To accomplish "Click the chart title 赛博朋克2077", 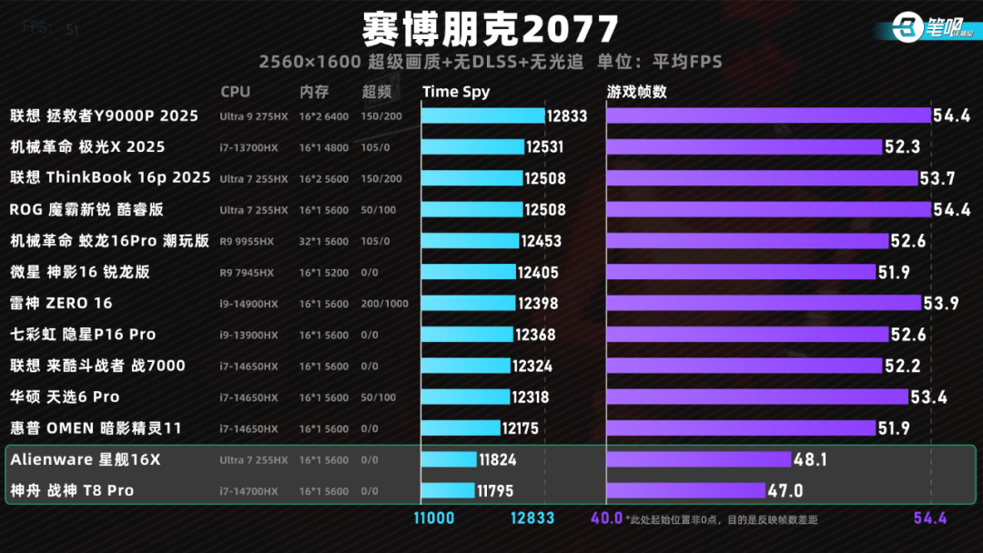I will pyautogui.click(x=491, y=30).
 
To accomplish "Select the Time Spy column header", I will pyautogui.click(x=456, y=92).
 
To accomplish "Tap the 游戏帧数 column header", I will pyautogui.click(x=637, y=92).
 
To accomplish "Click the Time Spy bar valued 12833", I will pyautogui.click(x=482, y=116).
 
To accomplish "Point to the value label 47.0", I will pyautogui.click(x=785, y=490).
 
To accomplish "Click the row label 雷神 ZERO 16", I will pyautogui.click(x=61, y=303).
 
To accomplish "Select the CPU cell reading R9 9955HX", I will pyautogui.click(x=247, y=241).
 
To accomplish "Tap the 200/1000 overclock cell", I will pyautogui.click(x=384, y=304).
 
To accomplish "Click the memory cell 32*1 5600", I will pyautogui.click(x=323, y=241).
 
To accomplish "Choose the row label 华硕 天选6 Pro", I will pyautogui.click(x=65, y=397).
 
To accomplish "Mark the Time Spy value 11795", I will pyautogui.click(x=495, y=491).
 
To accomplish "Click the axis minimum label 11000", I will pyautogui.click(x=434, y=518).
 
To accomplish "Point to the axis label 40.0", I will pyautogui.click(x=606, y=518).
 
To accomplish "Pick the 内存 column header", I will pyautogui.click(x=314, y=92).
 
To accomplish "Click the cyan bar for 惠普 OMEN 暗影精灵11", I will pyautogui.click(x=461, y=428).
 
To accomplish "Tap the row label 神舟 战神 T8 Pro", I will pyautogui.click(x=72, y=490).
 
